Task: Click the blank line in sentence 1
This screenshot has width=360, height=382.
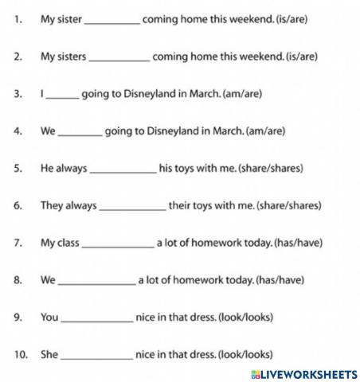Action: pyautogui.click(x=112, y=21)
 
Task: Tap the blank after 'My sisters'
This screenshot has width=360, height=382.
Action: pyautogui.click(x=119, y=57)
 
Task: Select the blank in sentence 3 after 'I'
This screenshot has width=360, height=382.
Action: pyautogui.click(x=63, y=95)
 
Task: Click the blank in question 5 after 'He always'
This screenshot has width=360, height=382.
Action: pyautogui.click(x=123, y=169)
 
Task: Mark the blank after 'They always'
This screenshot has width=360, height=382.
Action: pyautogui.click(x=131, y=206)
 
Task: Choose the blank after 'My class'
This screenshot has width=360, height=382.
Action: pyautogui.click(x=118, y=244)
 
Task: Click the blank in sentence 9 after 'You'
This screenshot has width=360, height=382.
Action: pyautogui.click(x=97, y=318)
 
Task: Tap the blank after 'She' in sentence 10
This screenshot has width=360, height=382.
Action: pyautogui.click(x=97, y=355)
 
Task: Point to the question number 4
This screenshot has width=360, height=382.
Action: pyautogui.click(x=18, y=131)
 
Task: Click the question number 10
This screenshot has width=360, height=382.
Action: pyautogui.click(x=21, y=354)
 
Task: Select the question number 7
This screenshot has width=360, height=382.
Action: pyautogui.click(x=18, y=243)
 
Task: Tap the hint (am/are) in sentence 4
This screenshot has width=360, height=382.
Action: pyautogui.click(x=266, y=131)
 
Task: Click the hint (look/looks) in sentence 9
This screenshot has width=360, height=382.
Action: pyautogui.click(x=246, y=317)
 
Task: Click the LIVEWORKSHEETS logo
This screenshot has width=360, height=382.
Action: pyautogui.click(x=303, y=373)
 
